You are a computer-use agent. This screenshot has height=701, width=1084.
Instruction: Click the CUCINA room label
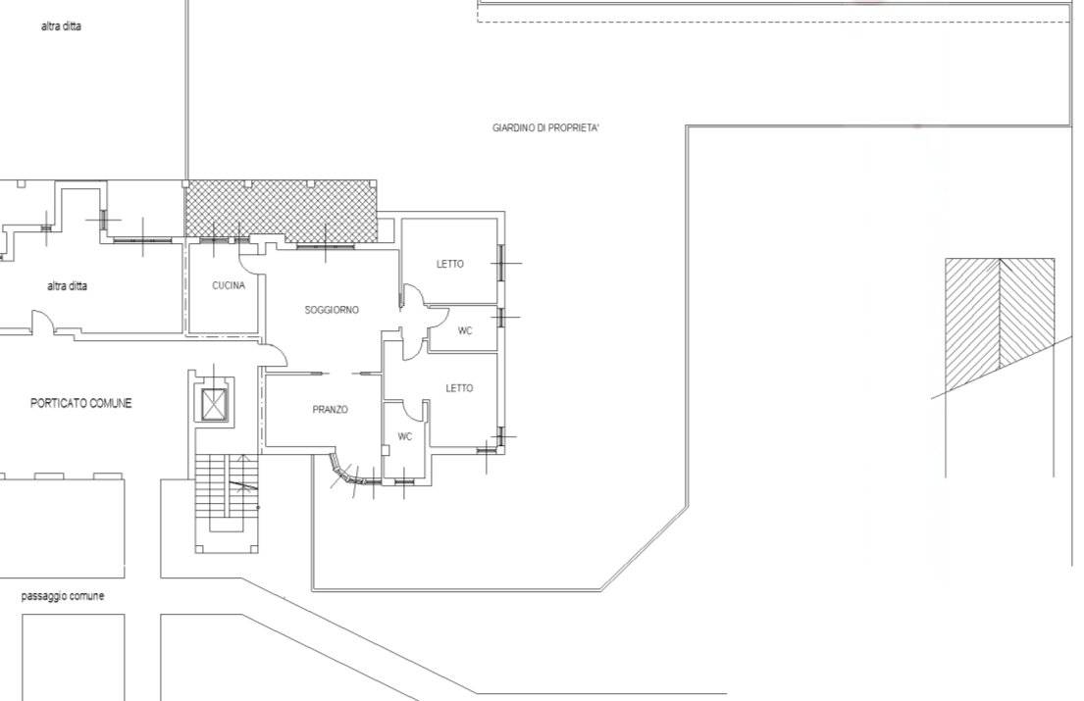[x=229, y=285]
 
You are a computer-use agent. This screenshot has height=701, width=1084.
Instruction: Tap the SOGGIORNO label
[x=332, y=310]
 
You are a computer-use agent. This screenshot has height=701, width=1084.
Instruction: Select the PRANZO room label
[x=331, y=410]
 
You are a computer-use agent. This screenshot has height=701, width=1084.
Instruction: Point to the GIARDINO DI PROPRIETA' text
[x=545, y=127]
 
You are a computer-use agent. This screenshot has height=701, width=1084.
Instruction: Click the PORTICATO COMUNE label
[x=80, y=403]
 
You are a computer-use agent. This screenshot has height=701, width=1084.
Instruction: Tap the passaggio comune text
[x=63, y=596]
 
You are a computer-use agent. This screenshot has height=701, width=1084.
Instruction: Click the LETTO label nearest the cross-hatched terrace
[x=450, y=264]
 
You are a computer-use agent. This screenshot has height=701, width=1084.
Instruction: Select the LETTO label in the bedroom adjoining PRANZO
[x=459, y=388]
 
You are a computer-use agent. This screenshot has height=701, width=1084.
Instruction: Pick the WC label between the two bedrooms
[x=465, y=330]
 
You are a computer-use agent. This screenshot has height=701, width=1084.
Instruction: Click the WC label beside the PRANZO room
[x=405, y=436]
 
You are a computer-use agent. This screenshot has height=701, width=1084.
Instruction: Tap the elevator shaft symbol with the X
[x=214, y=404]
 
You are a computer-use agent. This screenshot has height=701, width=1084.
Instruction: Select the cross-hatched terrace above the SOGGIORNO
[x=281, y=212]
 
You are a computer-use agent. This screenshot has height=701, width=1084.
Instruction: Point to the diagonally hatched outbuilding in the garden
[x=1000, y=315]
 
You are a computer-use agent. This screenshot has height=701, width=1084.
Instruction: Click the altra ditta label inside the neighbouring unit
[x=67, y=286]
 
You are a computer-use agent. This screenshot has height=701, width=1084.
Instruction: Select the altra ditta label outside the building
[x=61, y=26]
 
